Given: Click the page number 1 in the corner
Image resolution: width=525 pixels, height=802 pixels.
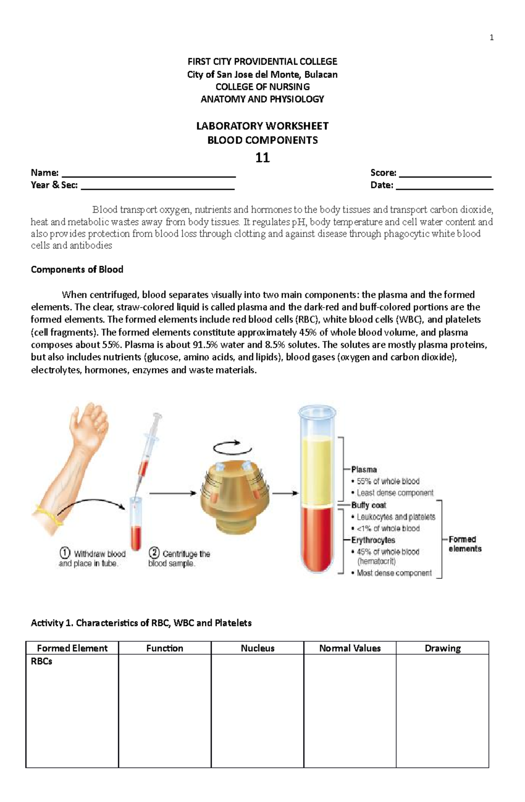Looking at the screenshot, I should [x=492, y=38].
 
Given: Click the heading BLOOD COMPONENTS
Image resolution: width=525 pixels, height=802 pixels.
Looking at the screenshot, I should [x=262, y=140].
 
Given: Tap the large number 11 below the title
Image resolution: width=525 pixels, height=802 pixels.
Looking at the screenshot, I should [x=262, y=157].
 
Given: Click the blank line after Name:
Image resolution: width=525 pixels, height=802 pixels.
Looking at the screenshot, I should [x=149, y=176].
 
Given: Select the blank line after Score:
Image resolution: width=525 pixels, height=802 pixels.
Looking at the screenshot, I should [x=445, y=176].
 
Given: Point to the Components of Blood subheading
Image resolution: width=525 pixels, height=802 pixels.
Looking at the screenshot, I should [x=77, y=270].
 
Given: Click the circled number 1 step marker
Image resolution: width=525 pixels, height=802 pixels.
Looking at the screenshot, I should [x=65, y=553].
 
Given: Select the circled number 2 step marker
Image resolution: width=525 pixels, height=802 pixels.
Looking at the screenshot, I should [x=154, y=553].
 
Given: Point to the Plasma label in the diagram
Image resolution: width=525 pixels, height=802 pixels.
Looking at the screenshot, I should [x=364, y=469].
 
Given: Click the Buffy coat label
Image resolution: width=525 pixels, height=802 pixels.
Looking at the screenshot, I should [x=369, y=505].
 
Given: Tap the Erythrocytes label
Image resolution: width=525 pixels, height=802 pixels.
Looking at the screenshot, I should [x=373, y=540].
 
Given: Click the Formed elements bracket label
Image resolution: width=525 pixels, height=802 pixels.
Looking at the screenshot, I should [x=465, y=544].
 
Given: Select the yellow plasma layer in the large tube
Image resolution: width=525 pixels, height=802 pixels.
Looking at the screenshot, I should [x=318, y=470].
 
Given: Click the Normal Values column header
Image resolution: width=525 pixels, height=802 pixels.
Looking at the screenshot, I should [x=350, y=648].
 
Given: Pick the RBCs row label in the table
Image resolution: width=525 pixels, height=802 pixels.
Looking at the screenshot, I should [x=42, y=661].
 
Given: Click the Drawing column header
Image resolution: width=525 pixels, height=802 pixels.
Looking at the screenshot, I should [x=442, y=648].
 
